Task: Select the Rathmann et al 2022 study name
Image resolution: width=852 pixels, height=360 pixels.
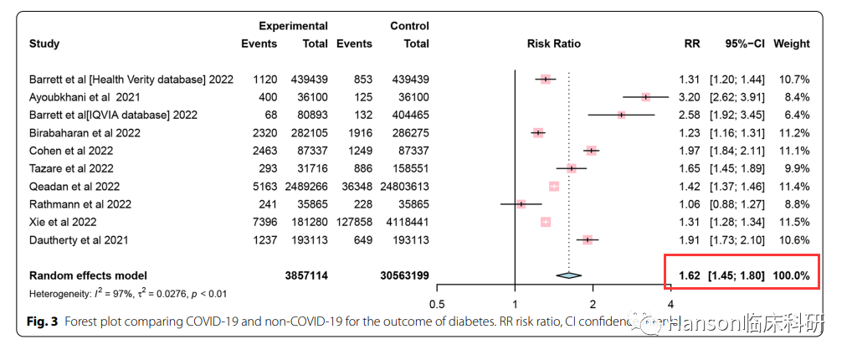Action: (x=74, y=204)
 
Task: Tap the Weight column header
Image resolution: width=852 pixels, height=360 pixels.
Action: (x=791, y=44)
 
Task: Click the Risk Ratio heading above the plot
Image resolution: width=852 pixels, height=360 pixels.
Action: (x=553, y=44)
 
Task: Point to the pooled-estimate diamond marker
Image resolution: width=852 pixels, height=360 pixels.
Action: (x=568, y=275)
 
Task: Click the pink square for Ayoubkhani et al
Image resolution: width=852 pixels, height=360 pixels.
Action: (x=645, y=97)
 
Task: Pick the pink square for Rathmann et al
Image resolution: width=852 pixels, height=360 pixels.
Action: (x=521, y=204)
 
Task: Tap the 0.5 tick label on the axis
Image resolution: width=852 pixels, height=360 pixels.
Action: (x=436, y=304)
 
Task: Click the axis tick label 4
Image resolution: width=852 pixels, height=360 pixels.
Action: (x=670, y=304)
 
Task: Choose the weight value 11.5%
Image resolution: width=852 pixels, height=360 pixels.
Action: (x=793, y=222)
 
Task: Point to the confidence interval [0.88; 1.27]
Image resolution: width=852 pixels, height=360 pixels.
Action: (x=737, y=204)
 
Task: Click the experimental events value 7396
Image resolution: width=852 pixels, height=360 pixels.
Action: (x=266, y=222)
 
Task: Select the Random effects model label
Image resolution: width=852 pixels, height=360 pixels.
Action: (x=88, y=275)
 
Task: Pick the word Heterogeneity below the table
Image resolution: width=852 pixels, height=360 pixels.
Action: (x=58, y=293)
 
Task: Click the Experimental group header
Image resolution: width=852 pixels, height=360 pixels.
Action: (x=293, y=26)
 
